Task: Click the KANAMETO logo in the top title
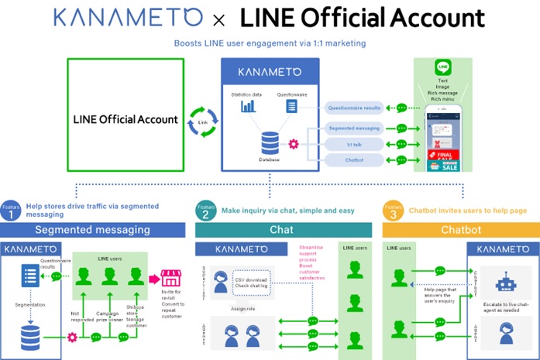(x=135, y=17)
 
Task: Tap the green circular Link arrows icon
(x=202, y=122)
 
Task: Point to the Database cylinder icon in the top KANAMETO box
(x=270, y=142)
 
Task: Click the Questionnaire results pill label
(x=354, y=108)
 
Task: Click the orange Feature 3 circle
(x=394, y=212)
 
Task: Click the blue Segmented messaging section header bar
(x=92, y=230)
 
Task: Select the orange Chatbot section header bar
(x=461, y=230)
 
